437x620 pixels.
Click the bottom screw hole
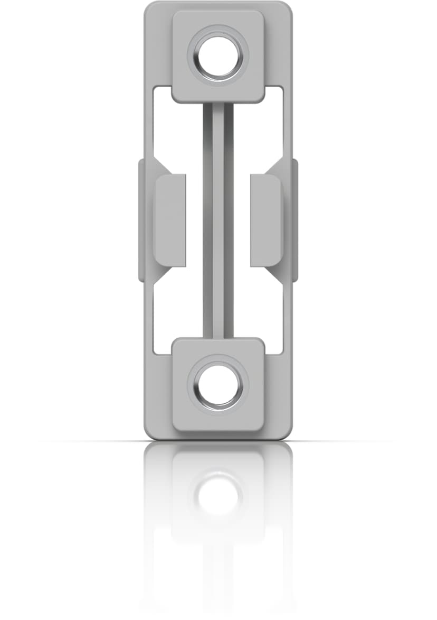point(218,384)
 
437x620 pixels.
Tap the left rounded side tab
point(170,219)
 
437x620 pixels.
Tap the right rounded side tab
point(265,219)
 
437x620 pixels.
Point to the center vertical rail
point(218,219)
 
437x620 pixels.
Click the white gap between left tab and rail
point(194,219)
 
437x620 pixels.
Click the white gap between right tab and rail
point(242,219)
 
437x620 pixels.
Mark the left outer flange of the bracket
point(141,219)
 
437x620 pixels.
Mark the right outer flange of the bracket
point(294,219)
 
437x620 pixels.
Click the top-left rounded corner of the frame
point(150,8)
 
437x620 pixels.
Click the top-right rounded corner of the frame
point(286,8)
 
